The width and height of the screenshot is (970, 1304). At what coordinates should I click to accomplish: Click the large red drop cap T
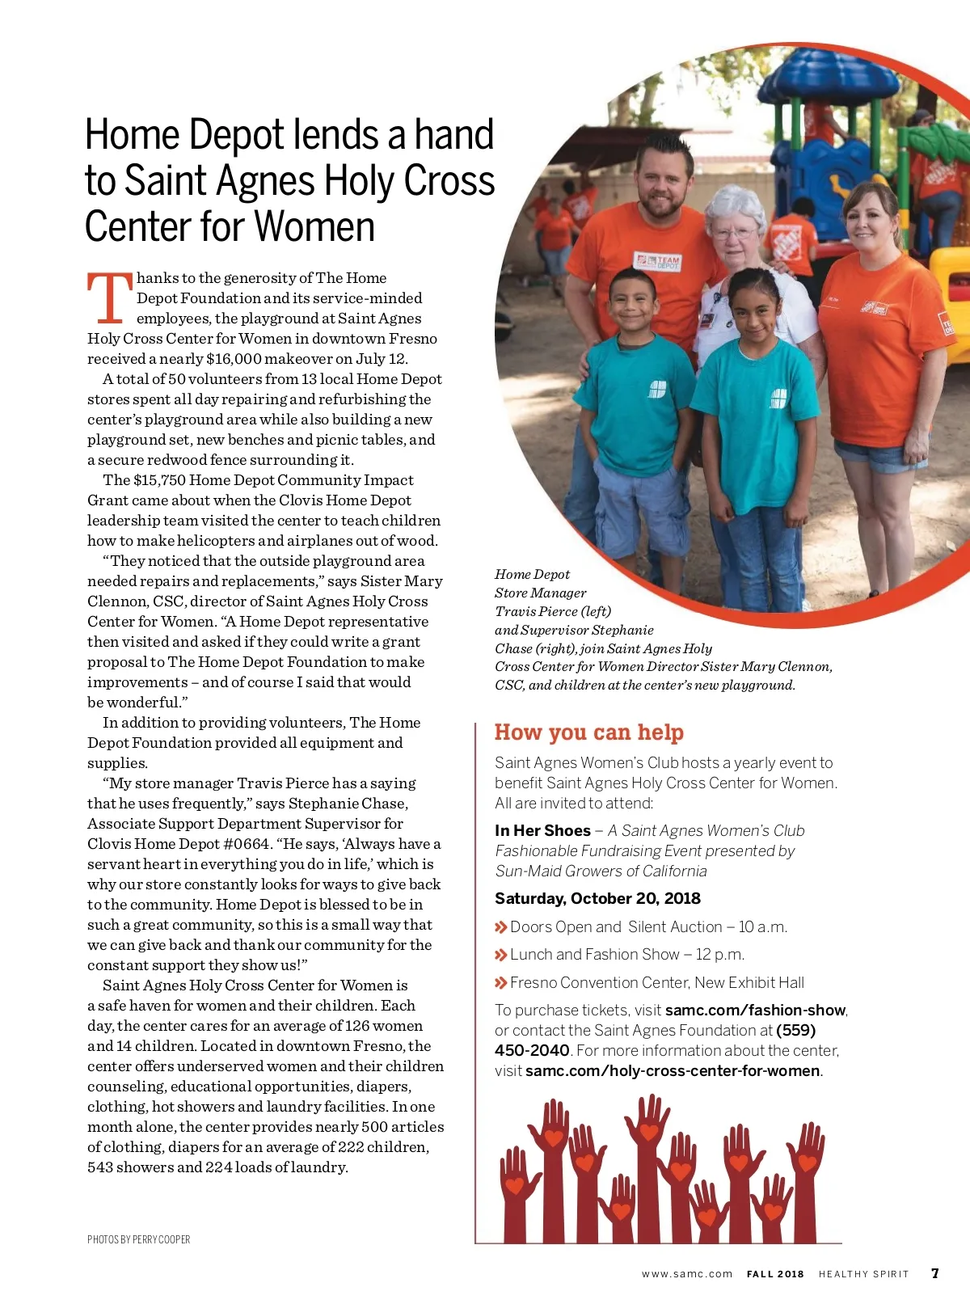point(110,298)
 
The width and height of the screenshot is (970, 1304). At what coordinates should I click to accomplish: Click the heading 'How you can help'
point(589,732)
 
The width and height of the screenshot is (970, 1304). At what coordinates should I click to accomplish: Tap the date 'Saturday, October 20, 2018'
point(597,899)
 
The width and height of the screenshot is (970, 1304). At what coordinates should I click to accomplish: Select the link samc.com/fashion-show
point(755,1011)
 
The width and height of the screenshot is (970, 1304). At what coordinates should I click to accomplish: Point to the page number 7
point(935,1273)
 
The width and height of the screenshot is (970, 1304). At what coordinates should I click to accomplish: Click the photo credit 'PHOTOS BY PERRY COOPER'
point(139,1239)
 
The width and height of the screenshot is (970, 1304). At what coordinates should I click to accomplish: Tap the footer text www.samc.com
point(687,1274)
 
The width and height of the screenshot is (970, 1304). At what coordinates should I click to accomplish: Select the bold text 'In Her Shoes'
point(542,831)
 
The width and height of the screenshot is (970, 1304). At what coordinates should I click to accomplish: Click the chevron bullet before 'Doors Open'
point(501,927)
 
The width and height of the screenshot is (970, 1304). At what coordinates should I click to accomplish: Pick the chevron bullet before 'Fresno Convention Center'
point(501,983)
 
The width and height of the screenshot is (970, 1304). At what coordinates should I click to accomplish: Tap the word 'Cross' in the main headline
point(449,181)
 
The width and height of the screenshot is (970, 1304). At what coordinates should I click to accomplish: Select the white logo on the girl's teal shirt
point(778,398)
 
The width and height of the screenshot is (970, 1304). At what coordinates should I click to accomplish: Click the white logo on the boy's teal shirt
point(657,389)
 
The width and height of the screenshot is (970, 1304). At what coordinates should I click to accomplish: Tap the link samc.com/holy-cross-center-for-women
point(673,1071)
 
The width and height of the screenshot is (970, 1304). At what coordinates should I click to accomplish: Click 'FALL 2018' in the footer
point(775,1274)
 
